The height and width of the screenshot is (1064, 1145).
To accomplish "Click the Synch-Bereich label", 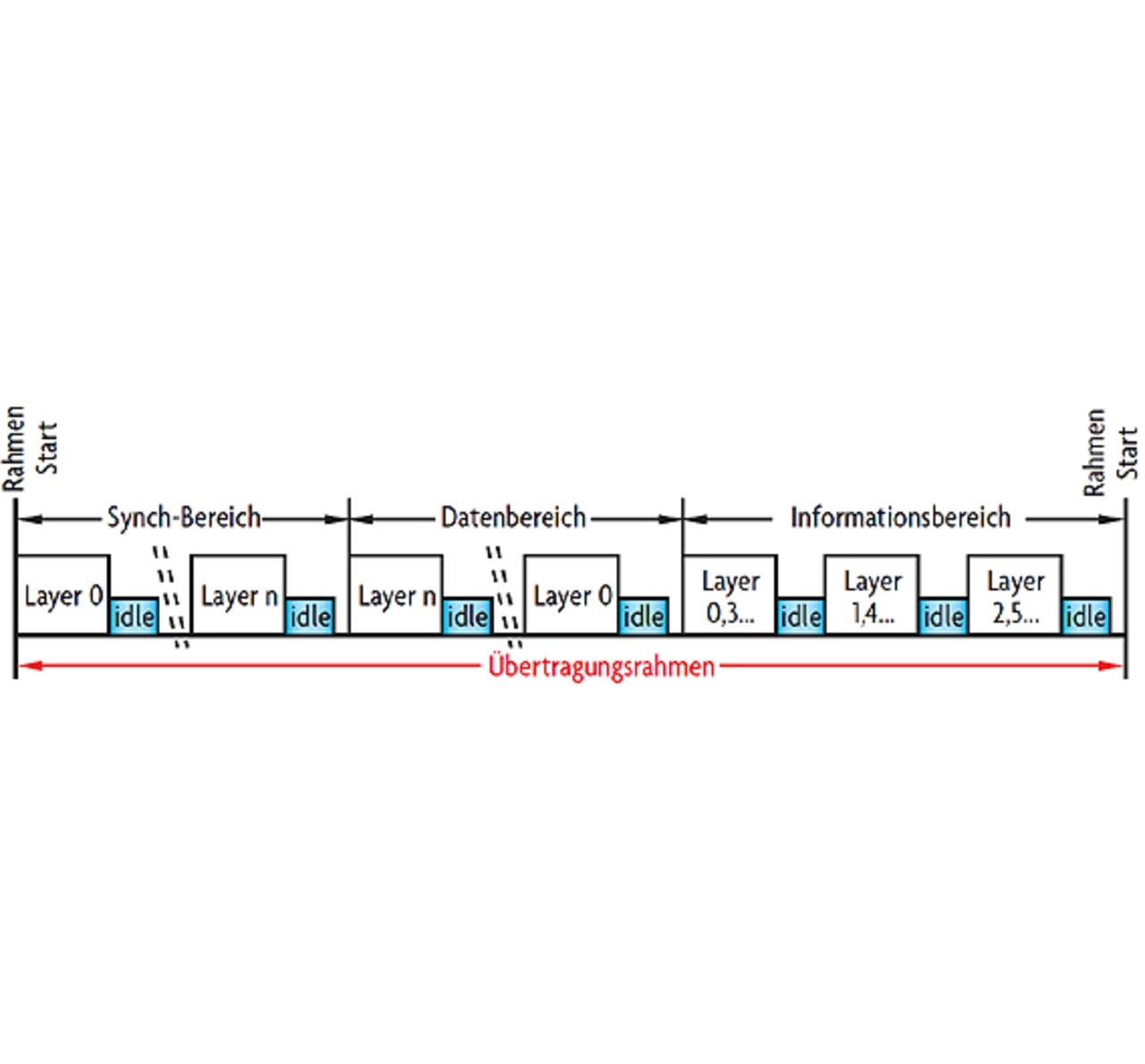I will coord(183,517).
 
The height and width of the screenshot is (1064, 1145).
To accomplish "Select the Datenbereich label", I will coord(513,517).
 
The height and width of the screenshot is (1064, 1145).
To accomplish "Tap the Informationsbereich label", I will coord(900,517).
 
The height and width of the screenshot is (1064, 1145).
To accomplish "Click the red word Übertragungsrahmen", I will coord(601,667).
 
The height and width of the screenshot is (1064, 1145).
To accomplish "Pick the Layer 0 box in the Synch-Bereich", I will coord(63,595).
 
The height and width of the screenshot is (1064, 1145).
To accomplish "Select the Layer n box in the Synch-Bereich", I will coord(239,595).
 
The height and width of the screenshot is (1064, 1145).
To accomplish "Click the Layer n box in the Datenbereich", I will coord(396,595).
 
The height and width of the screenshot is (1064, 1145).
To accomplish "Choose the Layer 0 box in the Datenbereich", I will coord(572,595).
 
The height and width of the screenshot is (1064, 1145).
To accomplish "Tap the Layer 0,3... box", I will coord(730,595).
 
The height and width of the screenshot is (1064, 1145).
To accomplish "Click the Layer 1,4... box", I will coord(872,595).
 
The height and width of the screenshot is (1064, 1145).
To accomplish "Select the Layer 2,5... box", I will coord(1015,595).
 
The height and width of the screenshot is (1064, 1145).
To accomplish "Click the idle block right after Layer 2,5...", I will coord(1086,616).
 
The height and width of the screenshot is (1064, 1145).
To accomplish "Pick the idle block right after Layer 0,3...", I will coord(801,616).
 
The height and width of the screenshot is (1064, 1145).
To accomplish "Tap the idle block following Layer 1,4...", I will coord(943,616).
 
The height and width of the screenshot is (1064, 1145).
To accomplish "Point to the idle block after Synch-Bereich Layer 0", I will coord(134,616).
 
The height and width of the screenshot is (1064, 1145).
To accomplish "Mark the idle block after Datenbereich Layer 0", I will coord(643,616).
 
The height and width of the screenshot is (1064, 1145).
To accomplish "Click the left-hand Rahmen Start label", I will coord(29,448).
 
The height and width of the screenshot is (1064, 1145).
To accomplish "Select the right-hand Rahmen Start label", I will coord(1109,452).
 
